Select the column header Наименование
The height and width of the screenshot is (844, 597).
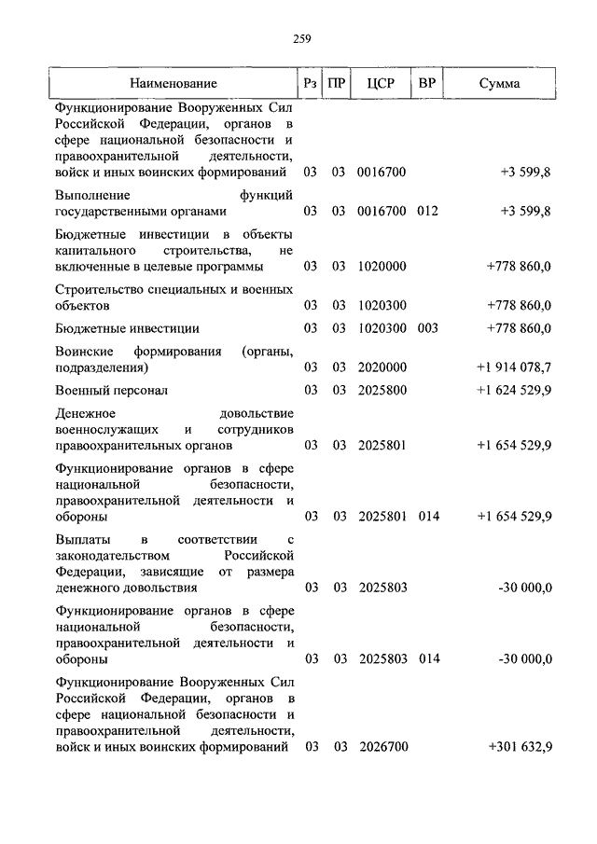pos(174,84)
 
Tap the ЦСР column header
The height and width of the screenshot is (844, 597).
pos(382,84)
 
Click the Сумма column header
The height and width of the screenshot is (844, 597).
pos(499,84)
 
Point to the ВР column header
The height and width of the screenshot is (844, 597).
pos(427,84)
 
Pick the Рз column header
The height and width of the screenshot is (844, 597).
pos(311,84)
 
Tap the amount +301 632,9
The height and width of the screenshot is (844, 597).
pos(520,747)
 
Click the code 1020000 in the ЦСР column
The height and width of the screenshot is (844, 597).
pos(382,267)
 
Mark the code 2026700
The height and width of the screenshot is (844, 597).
pos(382,747)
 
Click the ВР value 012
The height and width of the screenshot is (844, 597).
pos(427,211)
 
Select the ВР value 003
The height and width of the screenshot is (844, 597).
pos(427,328)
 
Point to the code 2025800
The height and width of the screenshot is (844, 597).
pos(382,390)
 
